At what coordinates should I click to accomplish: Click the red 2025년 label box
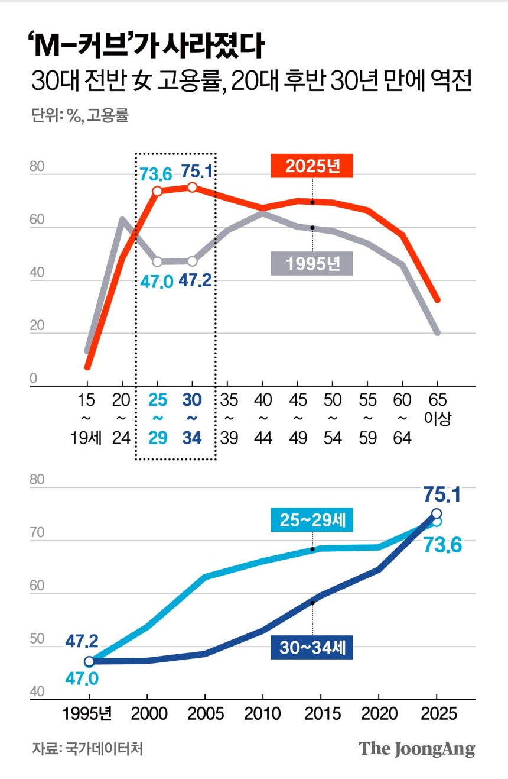click(312, 166)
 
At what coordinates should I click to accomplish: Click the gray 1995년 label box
click(312, 263)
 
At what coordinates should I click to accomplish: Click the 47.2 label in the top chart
click(195, 280)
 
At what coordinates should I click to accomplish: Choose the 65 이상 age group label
click(438, 409)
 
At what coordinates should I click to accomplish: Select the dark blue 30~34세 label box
click(312, 648)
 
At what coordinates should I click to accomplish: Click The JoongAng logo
click(417, 748)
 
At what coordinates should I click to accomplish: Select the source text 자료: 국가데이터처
click(87, 748)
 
